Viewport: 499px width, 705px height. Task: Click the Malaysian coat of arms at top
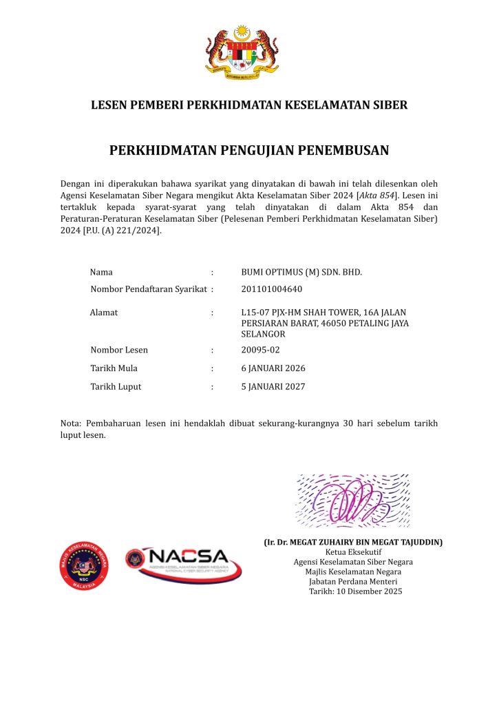click(242, 51)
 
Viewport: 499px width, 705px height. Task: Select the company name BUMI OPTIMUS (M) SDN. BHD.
click(301, 272)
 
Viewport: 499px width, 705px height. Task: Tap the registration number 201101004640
click(271, 289)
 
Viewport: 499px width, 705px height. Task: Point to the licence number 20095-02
click(260, 350)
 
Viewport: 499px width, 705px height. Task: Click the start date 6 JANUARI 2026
click(273, 368)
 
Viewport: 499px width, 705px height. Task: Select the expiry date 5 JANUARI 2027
click(273, 387)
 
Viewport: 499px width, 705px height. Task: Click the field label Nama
click(101, 272)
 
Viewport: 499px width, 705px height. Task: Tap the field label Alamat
click(104, 313)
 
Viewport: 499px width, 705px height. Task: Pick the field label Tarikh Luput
click(116, 387)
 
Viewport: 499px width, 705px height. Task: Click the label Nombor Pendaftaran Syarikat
click(148, 289)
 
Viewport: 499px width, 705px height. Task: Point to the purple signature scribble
click(352, 499)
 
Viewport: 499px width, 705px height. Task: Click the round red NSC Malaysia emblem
click(83, 567)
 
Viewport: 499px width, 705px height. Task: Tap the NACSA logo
click(184, 563)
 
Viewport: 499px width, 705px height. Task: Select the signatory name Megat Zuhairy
click(353, 543)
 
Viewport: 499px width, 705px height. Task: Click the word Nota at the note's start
click(71, 423)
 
